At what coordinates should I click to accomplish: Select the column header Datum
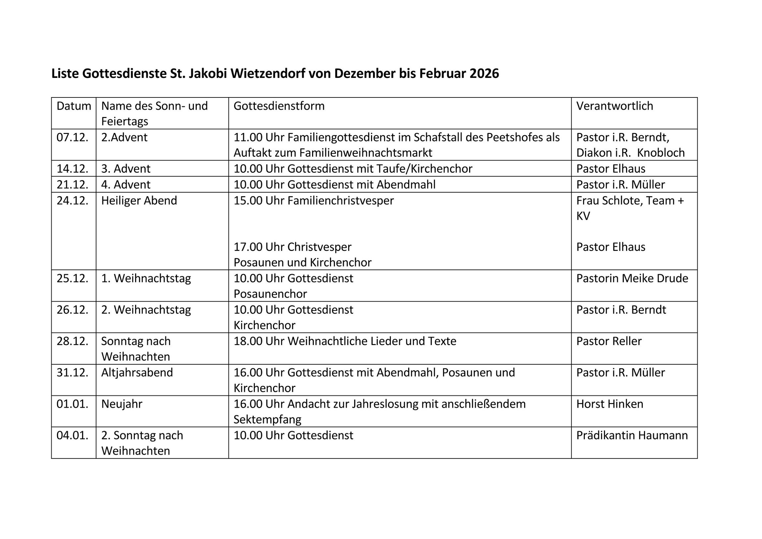(x=74, y=106)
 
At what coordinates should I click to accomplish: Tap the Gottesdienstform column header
(x=279, y=106)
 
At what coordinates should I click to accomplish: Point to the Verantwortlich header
(x=614, y=106)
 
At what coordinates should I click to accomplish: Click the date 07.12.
(x=72, y=137)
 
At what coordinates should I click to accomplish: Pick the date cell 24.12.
(x=72, y=201)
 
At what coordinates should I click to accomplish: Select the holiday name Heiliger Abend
(x=139, y=201)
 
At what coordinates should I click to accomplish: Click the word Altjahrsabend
(x=137, y=373)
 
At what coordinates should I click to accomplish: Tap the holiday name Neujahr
(x=122, y=404)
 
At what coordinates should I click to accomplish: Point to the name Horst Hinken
(x=610, y=404)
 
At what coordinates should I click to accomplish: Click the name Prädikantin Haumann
(x=632, y=435)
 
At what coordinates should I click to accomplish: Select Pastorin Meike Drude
(x=632, y=278)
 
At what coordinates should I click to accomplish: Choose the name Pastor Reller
(x=609, y=341)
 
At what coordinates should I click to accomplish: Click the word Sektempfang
(x=267, y=420)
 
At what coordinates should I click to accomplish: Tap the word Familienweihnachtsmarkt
(x=366, y=153)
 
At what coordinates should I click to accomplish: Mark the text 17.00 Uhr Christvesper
(x=293, y=247)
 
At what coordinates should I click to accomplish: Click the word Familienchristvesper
(x=341, y=201)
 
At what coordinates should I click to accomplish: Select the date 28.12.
(x=72, y=341)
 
